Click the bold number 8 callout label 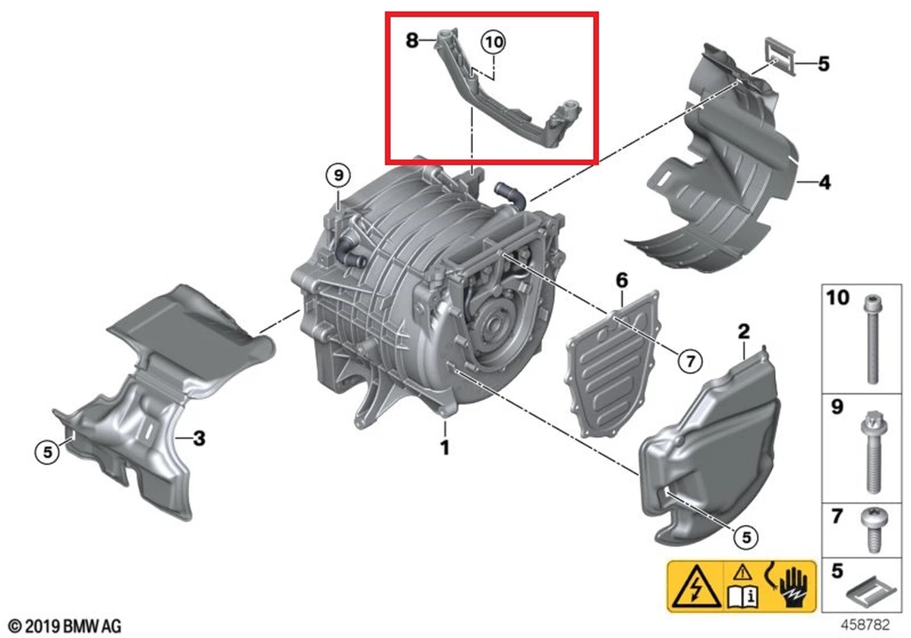point(412,41)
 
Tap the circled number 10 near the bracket point(493,42)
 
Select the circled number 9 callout point(339,175)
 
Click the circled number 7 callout point(690,361)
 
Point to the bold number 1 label point(445,447)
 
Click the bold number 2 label point(743,332)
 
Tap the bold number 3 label point(199,439)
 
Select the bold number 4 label point(824,182)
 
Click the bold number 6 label point(622,280)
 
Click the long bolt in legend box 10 point(872,340)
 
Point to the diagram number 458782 point(865,624)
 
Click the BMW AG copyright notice point(65,625)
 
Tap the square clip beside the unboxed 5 point(780,56)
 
